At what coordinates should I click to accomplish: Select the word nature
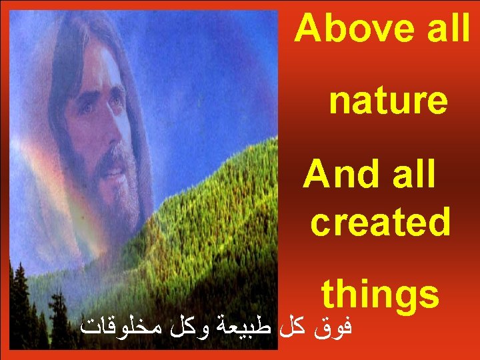pyautogui.click(x=387, y=101)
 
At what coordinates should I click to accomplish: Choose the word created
pyautogui.click(x=380, y=223)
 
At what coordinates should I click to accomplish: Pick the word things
pyautogui.click(x=380, y=295)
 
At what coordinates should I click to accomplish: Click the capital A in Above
pyautogui.click(x=307, y=29)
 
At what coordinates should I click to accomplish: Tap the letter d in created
pyautogui.click(x=439, y=223)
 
